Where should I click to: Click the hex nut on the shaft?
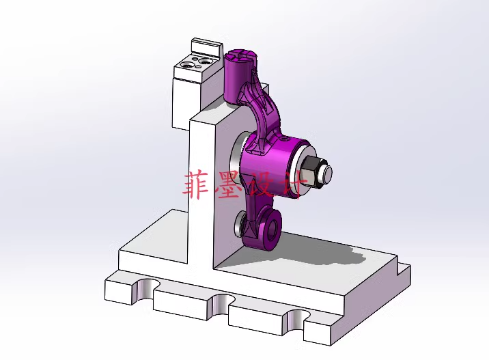pyautogui.click(x=311, y=173)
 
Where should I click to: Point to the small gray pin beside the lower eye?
pyautogui.click(x=240, y=223)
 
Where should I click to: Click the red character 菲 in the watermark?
pyautogui.click(x=198, y=184)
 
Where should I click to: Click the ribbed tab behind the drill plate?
pyautogui.click(x=206, y=49)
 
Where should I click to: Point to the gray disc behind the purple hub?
pyautogui.click(x=236, y=164)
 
